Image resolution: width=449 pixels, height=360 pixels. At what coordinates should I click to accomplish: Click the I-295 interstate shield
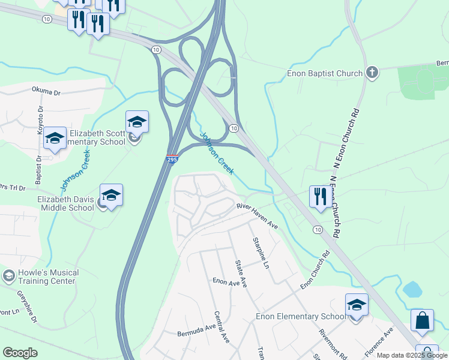[171, 160]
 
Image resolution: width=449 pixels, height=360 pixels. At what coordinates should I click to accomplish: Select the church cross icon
[372, 73]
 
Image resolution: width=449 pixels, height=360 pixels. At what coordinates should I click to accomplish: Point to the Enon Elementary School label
[301, 317]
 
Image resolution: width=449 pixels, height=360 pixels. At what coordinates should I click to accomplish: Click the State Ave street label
[241, 274]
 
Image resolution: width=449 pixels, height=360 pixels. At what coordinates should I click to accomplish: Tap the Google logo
[20, 353]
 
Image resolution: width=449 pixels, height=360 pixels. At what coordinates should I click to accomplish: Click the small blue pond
[412, 290]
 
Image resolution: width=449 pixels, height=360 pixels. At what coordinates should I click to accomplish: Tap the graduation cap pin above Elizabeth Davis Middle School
[111, 194]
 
